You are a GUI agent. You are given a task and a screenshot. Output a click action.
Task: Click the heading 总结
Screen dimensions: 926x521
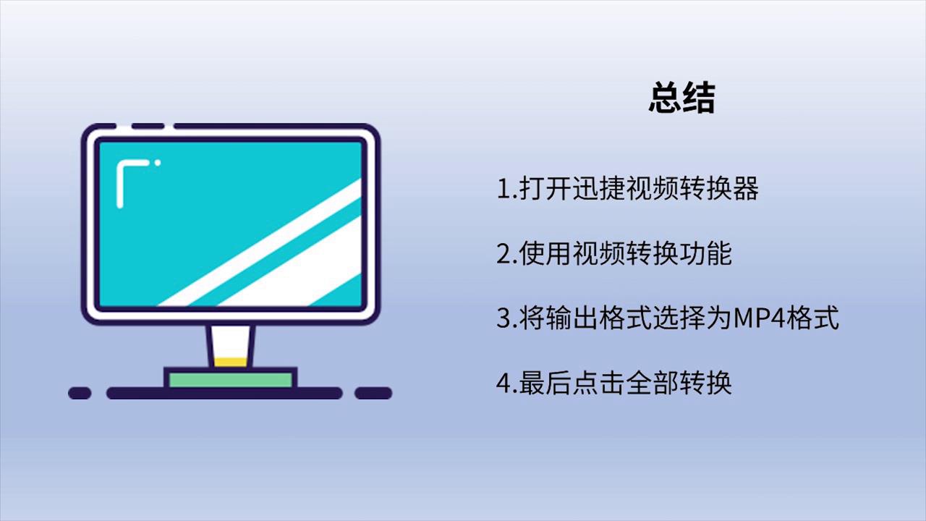coord(681,98)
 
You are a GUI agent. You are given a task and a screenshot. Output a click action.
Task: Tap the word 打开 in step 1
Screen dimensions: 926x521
coord(545,188)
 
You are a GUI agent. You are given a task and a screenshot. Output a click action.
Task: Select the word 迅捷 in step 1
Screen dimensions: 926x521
coord(598,188)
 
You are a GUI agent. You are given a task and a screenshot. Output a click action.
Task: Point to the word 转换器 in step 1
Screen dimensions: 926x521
coord(719,188)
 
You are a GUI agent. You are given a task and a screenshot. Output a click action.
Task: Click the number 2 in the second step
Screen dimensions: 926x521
coord(504,253)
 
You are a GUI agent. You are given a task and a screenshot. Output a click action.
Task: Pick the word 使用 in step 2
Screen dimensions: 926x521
coord(545,253)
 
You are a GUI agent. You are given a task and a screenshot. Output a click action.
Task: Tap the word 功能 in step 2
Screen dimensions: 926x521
coord(705,253)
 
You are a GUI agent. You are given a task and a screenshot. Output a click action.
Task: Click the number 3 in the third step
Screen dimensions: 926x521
coord(504,318)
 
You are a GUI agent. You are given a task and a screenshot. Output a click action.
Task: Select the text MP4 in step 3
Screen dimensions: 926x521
coord(760,318)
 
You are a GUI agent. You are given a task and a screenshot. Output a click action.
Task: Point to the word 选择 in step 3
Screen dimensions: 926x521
coord(679,318)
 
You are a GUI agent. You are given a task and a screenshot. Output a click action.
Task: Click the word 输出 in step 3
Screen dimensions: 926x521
coord(572,318)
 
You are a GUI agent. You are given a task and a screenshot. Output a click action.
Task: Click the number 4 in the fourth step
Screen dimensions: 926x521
coord(504,383)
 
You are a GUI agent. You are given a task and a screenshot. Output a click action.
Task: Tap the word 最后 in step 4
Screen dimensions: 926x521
coord(545,383)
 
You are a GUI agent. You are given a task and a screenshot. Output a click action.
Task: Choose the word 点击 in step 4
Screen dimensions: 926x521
coord(598,383)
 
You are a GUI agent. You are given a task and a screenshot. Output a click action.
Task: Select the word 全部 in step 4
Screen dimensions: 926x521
coord(653,383)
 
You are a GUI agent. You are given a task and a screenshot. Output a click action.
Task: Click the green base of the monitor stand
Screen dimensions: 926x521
coord(231,380)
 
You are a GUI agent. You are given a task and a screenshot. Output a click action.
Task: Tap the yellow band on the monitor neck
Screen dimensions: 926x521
coord(231,362)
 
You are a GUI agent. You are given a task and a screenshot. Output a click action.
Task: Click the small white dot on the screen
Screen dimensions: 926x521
coord(158,163)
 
